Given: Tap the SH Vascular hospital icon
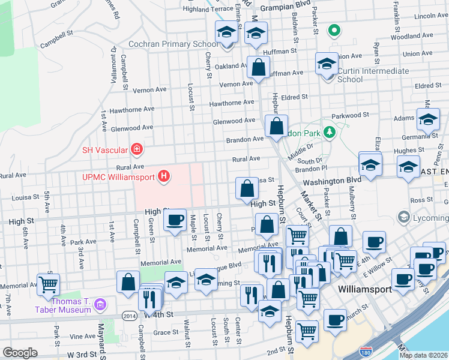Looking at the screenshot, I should (x=137, y=148).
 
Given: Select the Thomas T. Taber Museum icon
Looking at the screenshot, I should (x=100, y=305).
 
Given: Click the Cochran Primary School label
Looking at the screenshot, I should (x=173, y=44).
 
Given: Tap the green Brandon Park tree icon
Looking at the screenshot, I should (x=328, y=131).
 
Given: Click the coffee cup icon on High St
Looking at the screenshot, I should (x=175, y=220).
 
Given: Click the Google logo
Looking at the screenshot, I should (x=20, y=352).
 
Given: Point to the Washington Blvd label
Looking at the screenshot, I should (x=332, y=180).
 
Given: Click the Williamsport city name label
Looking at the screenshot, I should (x=364, y=289).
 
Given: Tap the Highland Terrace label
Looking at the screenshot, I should (x=208, y=9).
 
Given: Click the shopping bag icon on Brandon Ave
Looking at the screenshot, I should (x=276, y=126).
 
